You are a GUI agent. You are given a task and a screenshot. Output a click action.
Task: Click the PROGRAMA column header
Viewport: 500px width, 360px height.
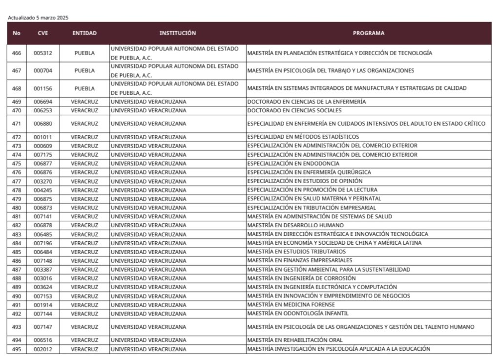pyautogui.click(x=368, y=33)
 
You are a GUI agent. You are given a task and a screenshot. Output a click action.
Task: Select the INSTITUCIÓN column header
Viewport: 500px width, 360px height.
pyautogui.click(x=177, y=33)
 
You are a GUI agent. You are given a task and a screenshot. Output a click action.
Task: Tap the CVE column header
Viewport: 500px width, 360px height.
pyautogui.click(x=42, y=33)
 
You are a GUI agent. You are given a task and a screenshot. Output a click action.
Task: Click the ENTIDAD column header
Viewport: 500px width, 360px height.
pyautogui.click(x=84, y=33)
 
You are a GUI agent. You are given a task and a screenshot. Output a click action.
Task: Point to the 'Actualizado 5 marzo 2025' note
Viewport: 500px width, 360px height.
pyautogui.click(x=38, y=18)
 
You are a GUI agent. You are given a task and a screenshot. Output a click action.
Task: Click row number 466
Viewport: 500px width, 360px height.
pyautogui.click(x=17, y=53)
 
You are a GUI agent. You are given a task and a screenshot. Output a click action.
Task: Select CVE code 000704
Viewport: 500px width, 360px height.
pyautogui.click(x=42, y=70)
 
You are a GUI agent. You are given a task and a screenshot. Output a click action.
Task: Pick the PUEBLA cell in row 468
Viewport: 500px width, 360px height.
pyautogui.click(x=84, y=88)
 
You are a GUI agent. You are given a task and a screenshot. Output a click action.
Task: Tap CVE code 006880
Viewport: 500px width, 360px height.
pyautogui.click(x=42, y=124)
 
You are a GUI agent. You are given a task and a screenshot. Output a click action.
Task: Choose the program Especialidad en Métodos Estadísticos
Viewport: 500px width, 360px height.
pyautogui.click(x=303, y=137)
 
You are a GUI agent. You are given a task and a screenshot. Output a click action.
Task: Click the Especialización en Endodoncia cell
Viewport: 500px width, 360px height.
pyautogui.click(x=293, y=163)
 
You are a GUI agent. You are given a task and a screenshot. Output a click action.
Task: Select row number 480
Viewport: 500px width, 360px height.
pyautogui.click(x=17, y=207)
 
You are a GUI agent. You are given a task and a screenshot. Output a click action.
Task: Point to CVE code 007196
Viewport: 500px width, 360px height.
pyautogui.click(x=42, y=243)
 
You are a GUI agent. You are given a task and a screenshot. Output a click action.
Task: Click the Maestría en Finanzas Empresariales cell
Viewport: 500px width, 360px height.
pyautogui.click(x=299, y=260)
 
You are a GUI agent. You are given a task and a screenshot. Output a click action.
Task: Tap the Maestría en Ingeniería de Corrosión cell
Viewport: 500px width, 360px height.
pyautogui.click(x=301, y=278)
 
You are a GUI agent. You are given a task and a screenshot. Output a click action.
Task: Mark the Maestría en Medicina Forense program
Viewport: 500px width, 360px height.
pyautogui.click(x=291, y=304)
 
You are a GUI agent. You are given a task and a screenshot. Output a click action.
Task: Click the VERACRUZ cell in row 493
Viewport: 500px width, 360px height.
pyautogui.click(x=84, y=326)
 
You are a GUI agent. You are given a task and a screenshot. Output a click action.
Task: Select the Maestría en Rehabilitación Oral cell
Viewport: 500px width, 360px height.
pyautogui.click(x=294, y=339)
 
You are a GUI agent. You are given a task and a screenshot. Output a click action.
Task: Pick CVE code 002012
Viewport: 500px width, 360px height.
pyautogui.click(x=42, y=349)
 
